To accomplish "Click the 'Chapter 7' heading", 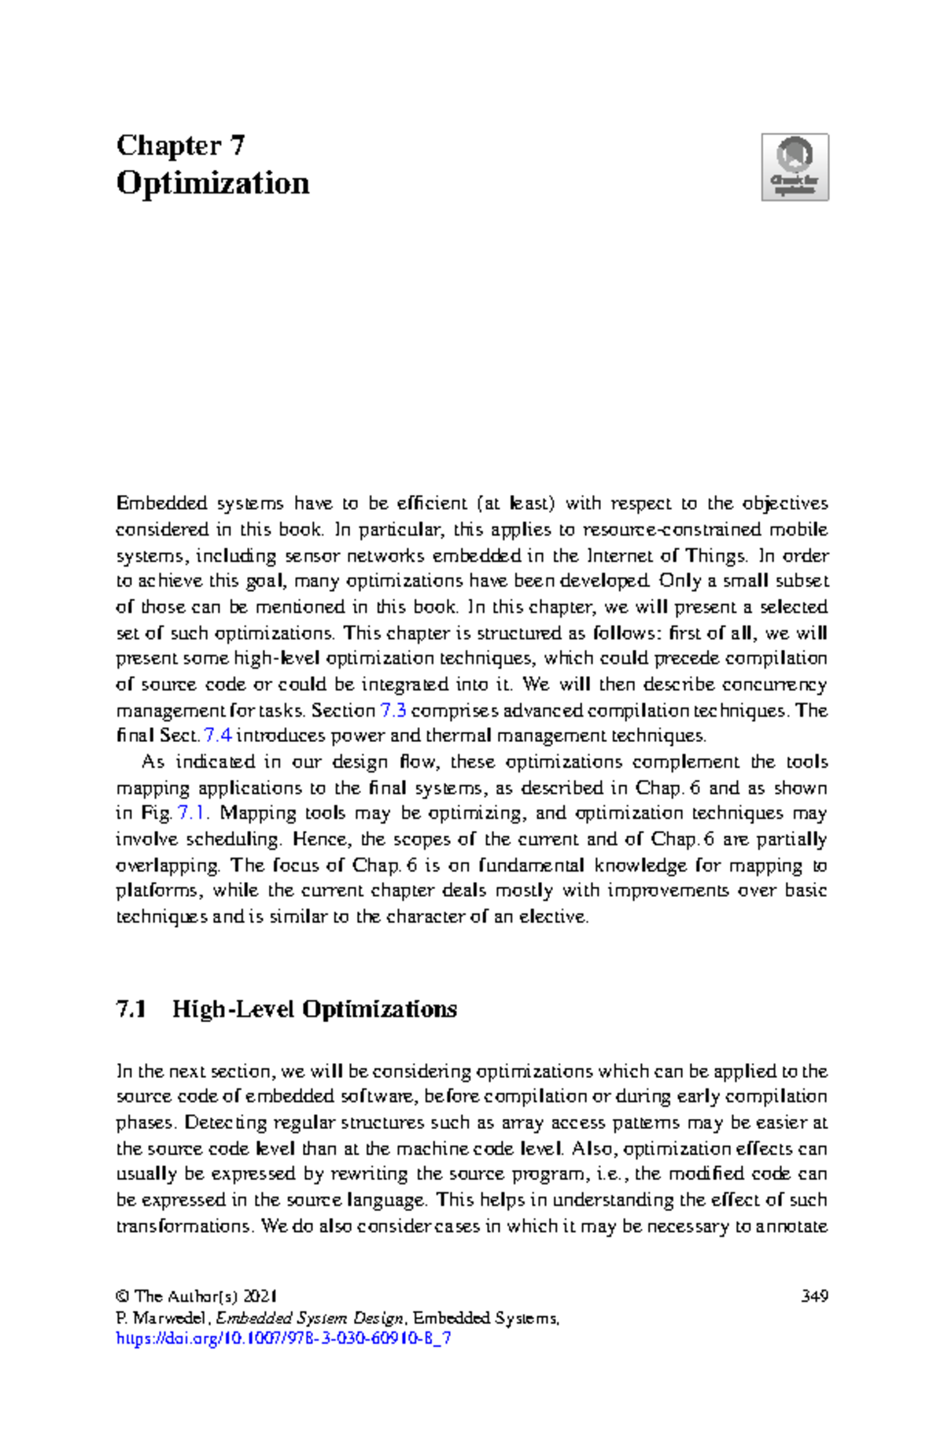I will coord(180,146).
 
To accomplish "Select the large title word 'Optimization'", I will coord(212,183).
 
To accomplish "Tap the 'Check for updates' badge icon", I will coord(795,167).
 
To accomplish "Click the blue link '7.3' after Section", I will coord(393,710).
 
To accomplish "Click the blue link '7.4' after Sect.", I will coord(217,736).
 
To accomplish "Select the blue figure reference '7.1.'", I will coord(194,813).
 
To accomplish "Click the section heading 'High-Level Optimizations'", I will coord(315,1009).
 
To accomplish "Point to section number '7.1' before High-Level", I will coord(131,1009).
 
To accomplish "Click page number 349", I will coord(814,1296).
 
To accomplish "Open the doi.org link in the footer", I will coord(283,1338).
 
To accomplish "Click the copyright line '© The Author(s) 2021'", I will coord(196,1296).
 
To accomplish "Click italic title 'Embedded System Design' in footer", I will coord(310,1318).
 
